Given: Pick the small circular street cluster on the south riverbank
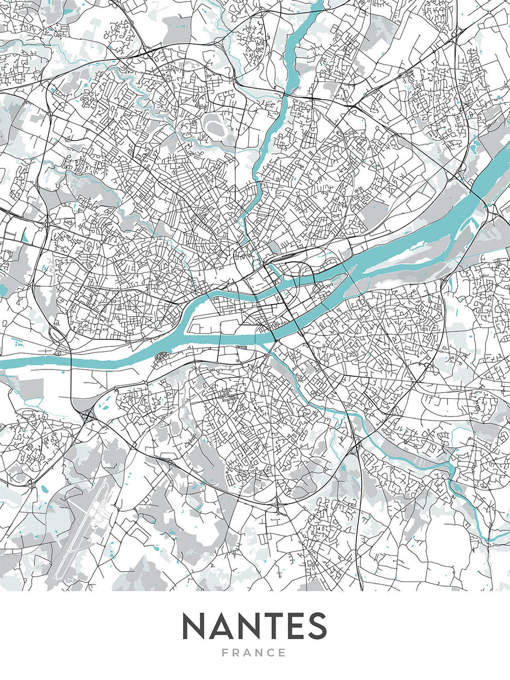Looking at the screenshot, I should pyautogui.click(x=161, y=356).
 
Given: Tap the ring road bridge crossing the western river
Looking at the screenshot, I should pyautogui.click(x=69, y=358).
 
